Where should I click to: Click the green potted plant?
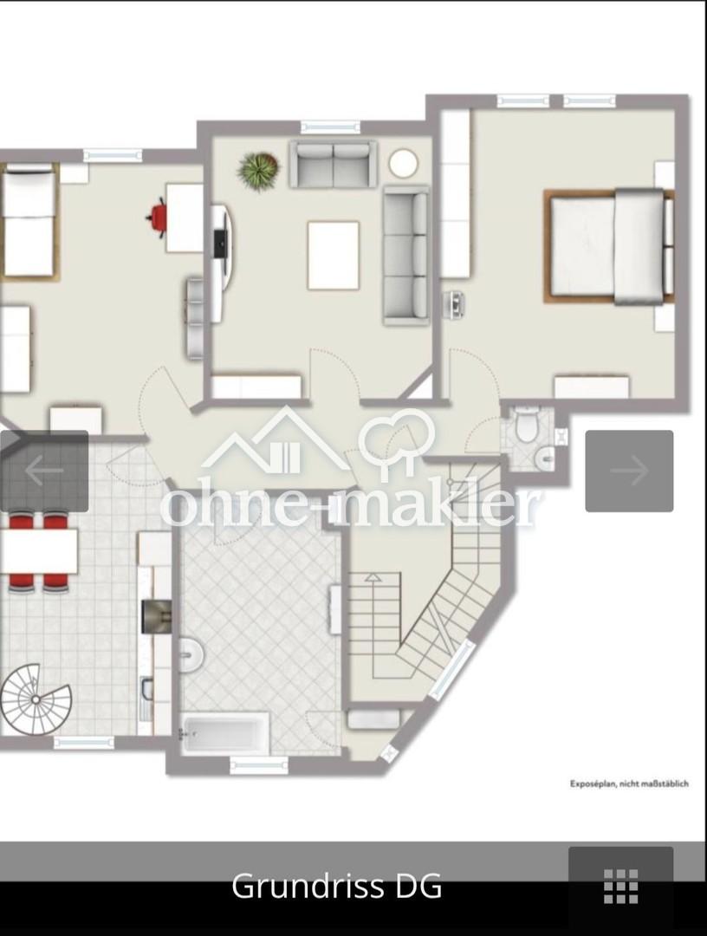tap(258, 170)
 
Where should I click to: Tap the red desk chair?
tap(158, 218)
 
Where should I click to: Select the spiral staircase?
tap(35, 699)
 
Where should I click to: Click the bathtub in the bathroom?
tap(225, 734)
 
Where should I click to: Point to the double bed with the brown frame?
tap(608, 246)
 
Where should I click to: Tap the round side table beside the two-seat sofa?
tap(404, 164)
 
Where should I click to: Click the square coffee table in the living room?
tap(334, 255)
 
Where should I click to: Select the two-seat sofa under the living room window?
tap(334, 164)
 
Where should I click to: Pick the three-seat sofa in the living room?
tap(405, 256)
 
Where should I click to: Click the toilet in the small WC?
tap(527, 424)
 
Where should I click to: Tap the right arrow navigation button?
tap(629, 471)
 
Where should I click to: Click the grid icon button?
tap(620, 887)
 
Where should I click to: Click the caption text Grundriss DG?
tap(336, 887)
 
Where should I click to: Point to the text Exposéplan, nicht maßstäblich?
tap(629, 783)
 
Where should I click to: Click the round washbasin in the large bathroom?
tap(191, 655)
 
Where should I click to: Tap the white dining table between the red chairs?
tap(39, 551)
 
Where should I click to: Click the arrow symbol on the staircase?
tap(373, 576)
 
